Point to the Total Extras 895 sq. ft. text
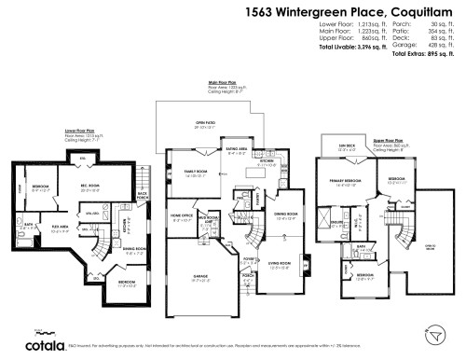[427, 54]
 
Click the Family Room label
[195, 173]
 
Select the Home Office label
[182, 216]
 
